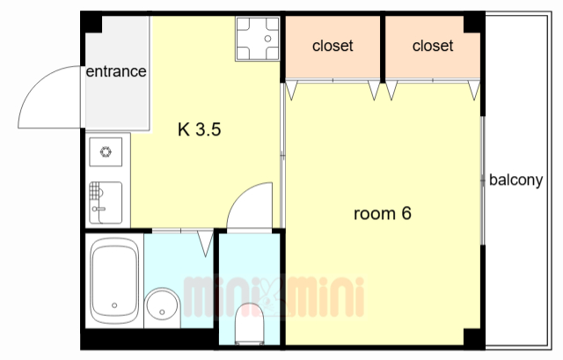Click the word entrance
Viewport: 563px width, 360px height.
coord(116,71)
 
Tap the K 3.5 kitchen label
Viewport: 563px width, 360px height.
coord(200,129)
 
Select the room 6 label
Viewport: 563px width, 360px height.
coord(383,213)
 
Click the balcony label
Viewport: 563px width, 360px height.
coord(516,180)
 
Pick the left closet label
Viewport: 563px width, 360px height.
coord(333,46)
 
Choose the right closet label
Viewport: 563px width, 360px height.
coord(433,46)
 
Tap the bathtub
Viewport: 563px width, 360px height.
coord(114,281)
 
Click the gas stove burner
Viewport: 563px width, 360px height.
coord(106,151)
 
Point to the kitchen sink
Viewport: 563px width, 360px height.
coord(106,203)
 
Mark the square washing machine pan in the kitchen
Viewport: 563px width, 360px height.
coord(258,39)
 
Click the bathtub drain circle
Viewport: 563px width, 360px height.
coord(114,305)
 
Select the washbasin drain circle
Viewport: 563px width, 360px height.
coord(162,312)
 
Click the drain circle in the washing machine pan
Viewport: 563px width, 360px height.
coord(267,39)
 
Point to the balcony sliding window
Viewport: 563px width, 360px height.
coord(483,180)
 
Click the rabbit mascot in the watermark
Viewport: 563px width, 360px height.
coord(271,297)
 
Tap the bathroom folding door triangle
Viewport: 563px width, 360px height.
coord(205,244)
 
